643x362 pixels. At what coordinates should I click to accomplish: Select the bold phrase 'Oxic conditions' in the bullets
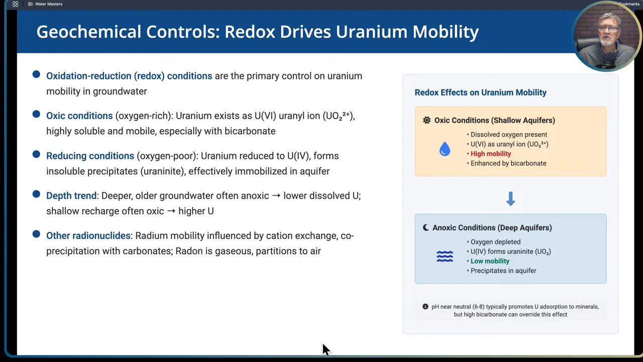click(79, 116)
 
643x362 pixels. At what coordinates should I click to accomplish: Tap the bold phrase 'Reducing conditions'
click(90, 156)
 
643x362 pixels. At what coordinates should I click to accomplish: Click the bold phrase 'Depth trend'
click(71, 196)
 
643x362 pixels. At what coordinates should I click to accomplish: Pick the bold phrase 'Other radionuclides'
click(88, 235)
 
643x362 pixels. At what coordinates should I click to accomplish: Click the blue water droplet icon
click(445, 149)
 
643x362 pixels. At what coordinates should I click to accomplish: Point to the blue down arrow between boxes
click(510, 199)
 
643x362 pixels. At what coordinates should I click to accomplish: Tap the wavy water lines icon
click(445, 256)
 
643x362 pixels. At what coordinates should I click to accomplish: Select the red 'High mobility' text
click(490, 154)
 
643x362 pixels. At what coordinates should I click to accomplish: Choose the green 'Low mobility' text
click(490, 261)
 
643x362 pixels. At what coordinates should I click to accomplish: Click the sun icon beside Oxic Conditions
click(426, 120)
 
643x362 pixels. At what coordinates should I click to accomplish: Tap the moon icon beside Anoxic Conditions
click(425, 228)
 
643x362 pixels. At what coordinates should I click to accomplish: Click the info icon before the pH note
click(425, 307)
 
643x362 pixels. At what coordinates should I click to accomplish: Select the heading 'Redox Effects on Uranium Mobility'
click(480, 93)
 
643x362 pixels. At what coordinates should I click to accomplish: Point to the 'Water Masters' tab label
click(49, 4)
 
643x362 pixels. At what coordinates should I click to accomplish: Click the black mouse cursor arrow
click(326, 349)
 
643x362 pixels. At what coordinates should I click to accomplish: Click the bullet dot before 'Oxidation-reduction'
click(36, 74)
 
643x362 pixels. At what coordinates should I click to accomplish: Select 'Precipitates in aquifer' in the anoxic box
click(503, 270)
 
